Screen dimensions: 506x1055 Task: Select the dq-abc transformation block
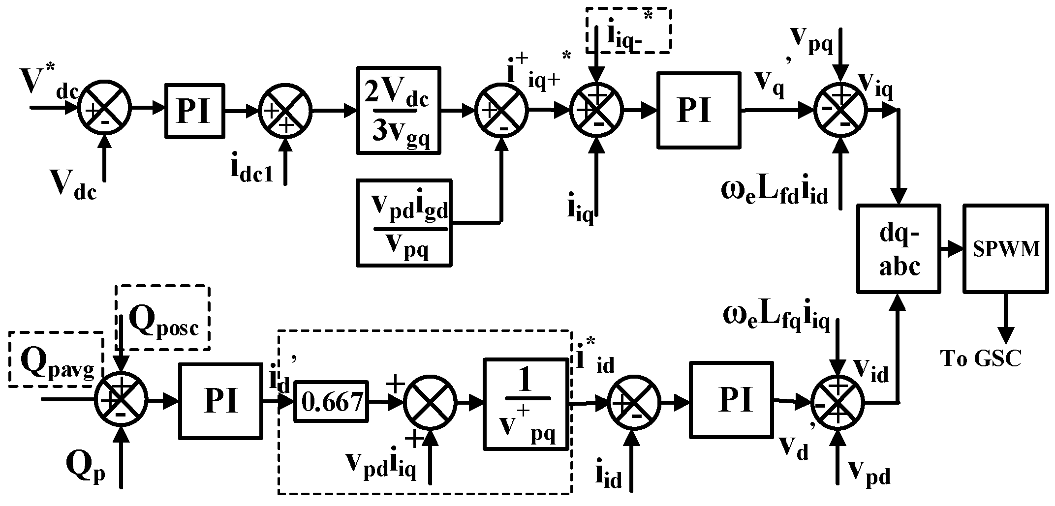tap(899, 249)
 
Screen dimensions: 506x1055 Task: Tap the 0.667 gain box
tap(331, 402)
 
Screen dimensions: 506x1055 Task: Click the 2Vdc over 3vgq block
tap(398, 111)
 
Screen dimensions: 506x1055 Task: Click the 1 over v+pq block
tap(526, 404)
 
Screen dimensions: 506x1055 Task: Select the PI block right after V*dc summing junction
tap(194, 111)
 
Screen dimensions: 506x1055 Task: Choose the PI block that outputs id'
tap(220, 401)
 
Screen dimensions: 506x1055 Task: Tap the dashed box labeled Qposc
tap(162, 318)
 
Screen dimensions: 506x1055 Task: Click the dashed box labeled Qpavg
tap(56, 359)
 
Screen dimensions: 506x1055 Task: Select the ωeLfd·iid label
tap(775, 191)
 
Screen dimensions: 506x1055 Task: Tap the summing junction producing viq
tap(840, 109)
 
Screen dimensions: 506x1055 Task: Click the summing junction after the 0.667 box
tap(430, 402)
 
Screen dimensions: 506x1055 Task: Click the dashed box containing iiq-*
tap(629, 30)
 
